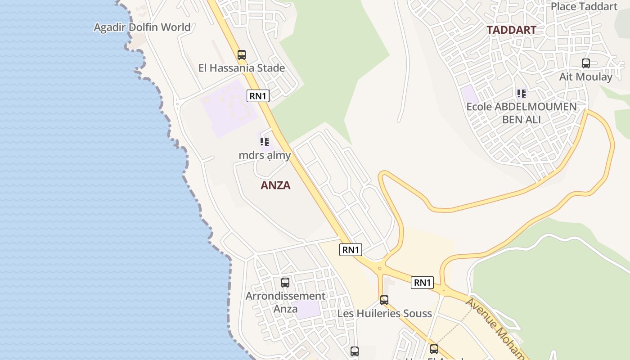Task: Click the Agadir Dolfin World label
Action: point(142,27)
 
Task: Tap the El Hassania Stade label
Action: point(242,68)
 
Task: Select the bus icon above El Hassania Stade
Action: point(242,55)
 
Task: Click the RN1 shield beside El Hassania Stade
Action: point(258,96)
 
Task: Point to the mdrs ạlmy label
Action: point(265,155)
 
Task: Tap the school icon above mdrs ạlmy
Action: point(265,142)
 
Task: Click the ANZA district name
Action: point(275,185)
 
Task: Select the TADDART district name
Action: point(512,30)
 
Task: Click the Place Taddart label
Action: point(584,6)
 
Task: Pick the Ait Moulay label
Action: point(586,76)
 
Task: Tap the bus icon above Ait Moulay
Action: point(586,63)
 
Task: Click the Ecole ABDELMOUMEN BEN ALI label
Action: point(522,113)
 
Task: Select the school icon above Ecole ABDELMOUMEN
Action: point(522,94)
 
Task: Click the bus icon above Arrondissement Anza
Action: point(285,283)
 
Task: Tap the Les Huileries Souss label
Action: point(385,313)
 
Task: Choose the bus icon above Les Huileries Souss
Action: point(384,300)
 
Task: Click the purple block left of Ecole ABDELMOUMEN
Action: point(470,94)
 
